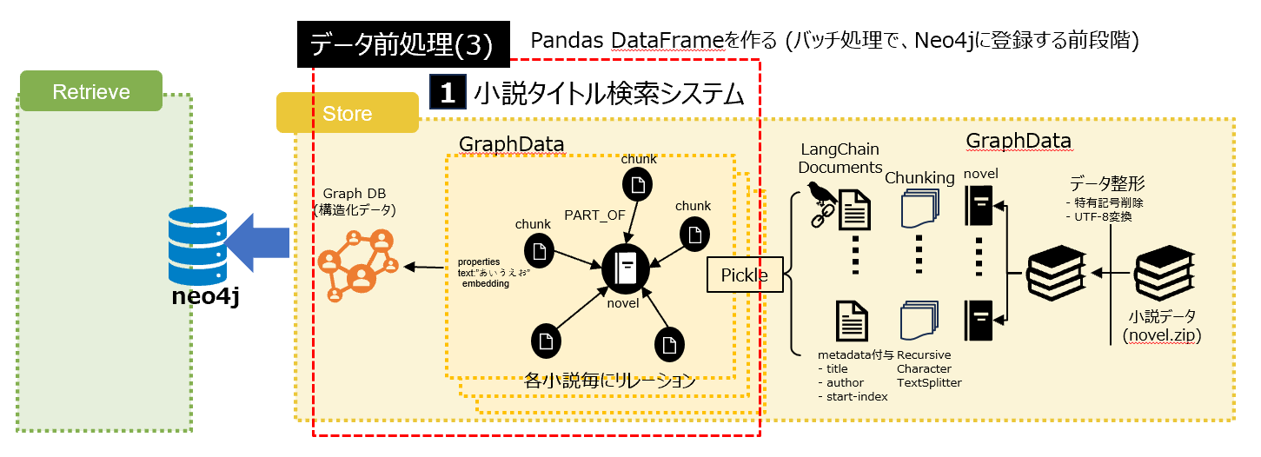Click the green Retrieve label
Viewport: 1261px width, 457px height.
(90, 91)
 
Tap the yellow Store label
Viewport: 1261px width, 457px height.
(347, 114)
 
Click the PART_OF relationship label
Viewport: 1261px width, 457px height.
(594, 215)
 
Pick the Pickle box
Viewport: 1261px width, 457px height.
(744, 275)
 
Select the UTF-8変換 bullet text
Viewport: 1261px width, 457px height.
(1100, 217)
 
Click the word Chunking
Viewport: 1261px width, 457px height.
(919, 178)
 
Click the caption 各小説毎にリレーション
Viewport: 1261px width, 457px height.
(610, 380)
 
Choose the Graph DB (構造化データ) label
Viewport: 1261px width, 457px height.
(359, 202)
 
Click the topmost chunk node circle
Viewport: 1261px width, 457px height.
(639, 185)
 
